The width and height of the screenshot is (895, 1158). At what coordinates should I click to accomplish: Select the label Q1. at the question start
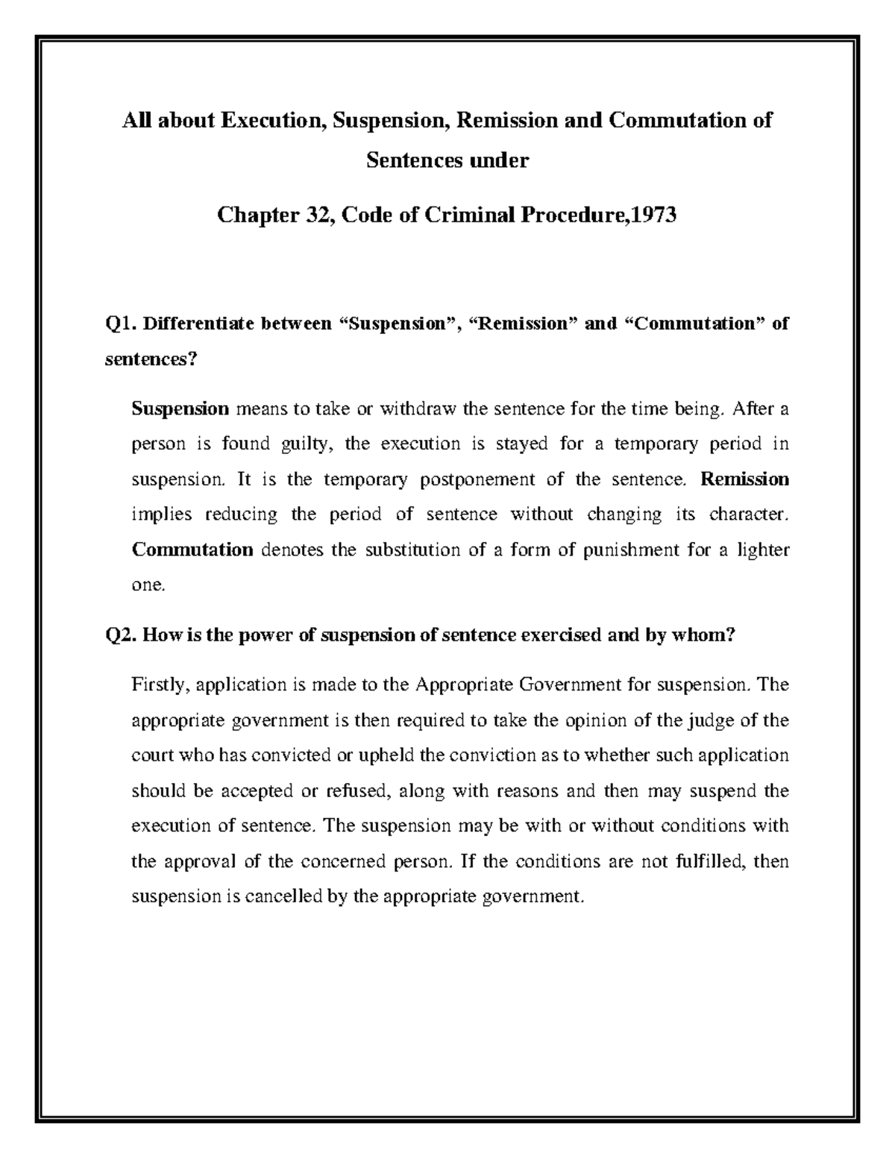click(120, 324)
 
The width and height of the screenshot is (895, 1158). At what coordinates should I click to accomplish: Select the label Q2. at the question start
click(120, 635)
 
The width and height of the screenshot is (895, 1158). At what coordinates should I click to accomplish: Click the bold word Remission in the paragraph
click(744, 479)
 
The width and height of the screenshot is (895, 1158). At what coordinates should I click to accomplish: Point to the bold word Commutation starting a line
click(192, 550)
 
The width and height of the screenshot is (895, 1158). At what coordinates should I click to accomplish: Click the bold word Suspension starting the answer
click(180, 409)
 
